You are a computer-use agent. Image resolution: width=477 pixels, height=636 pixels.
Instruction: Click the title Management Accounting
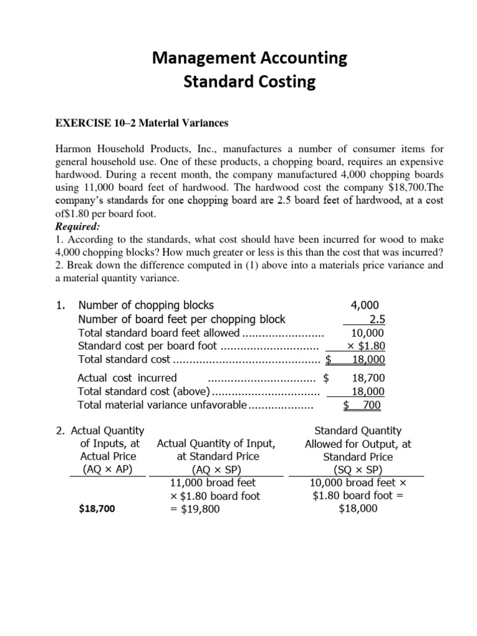(250, 59)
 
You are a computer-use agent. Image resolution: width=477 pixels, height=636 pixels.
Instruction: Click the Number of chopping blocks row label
(145, 305)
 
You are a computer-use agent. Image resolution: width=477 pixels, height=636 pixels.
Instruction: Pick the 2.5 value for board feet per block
(376, 319)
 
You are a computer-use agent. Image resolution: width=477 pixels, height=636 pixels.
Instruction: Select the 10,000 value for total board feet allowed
(368, 333)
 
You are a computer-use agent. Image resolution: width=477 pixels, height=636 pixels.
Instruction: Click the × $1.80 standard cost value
(366, 346)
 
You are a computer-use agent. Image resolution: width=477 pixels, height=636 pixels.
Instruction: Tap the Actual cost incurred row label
(127, 378)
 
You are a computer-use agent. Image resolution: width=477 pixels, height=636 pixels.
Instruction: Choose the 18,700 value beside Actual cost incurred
(368, 378)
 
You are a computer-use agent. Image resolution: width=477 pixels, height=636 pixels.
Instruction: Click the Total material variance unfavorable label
(162, 405)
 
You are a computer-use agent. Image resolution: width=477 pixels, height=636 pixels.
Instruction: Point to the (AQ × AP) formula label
(107, 470)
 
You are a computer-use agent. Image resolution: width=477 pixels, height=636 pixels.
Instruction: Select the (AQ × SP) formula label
(216, 470)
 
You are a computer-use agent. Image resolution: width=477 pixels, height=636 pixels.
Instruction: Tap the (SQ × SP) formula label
(358, 470)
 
